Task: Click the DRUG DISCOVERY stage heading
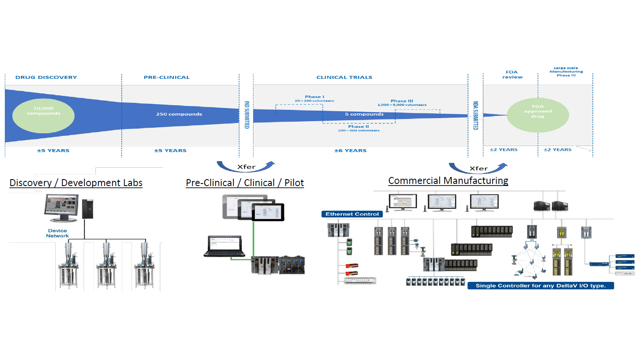click(x=46, y=77)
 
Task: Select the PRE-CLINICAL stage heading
click(x=167, y=77)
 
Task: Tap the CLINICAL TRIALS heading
click(x=344, y=77)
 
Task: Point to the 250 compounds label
click(x=179, y=114)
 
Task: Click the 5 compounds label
click(x=364, y=114)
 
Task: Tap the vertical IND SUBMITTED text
click(x=247, y=115)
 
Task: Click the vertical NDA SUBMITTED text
click(x=476, y=115)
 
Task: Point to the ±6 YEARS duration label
click(x=350, y=150)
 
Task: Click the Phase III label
click(x=402, y=101)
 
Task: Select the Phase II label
click(x=358, y=126)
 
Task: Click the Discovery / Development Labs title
click(x=76, y=183)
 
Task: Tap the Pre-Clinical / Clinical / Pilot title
click(x=245, y=183)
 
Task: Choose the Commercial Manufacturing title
click(x=448, y=180)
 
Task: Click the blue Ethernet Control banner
click(x=352, y=214)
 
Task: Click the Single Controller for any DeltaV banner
click(x=541, y=285)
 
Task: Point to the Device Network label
click(x=57, y=233)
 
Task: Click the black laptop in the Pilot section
click(x=224, y=246)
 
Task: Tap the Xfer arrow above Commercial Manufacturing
click(x=478, y=168)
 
